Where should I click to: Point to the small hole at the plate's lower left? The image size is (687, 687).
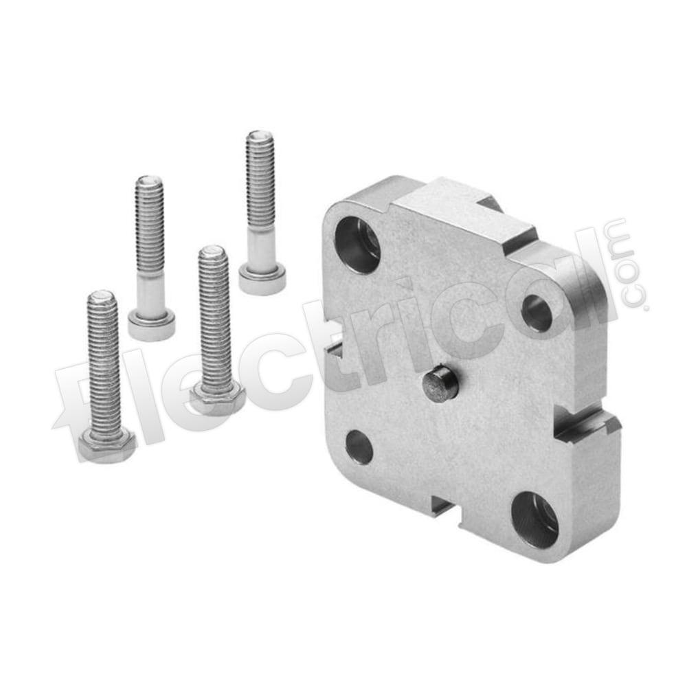point(359,447)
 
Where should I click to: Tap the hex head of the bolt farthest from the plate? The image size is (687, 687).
point(106,446)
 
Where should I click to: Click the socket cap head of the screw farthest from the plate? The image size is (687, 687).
point(152,325)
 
